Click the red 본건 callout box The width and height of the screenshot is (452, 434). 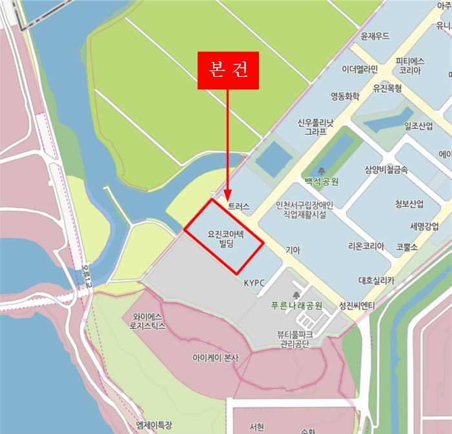coord(228,70)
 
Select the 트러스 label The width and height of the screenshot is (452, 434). coord(238,206)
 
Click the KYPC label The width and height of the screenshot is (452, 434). coord(255,282)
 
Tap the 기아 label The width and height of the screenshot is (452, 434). coord(293,249)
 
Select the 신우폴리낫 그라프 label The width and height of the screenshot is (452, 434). coord(315,126)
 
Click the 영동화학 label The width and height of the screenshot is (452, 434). coord(344,97)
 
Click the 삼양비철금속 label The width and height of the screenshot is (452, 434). coord(386,170)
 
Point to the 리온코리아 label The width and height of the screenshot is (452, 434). coord(366,246)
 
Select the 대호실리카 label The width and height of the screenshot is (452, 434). coord(376,281)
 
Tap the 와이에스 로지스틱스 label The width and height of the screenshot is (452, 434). coord(149,321)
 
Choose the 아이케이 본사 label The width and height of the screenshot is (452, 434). coord(216,357)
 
